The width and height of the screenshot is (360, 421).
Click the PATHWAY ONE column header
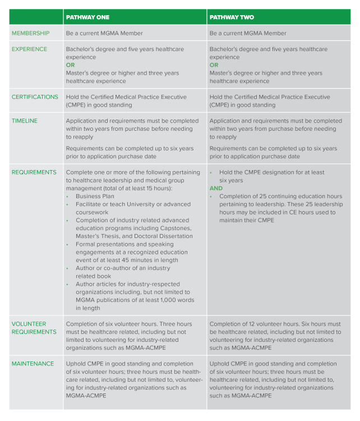click(x=87, y=17)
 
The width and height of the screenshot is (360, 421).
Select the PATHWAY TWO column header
click(x=232, y=17)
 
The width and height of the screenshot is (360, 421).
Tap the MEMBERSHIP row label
click(x=31, y=34)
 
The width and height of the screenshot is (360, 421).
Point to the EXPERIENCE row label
click(x=30, y=49)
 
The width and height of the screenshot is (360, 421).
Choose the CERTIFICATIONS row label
click(x=35, y=97)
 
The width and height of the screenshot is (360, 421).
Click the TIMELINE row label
click(x=24, y=121)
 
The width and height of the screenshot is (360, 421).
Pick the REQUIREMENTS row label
click(x=34, y=172)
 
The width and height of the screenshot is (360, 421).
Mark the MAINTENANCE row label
click(x=33, y=364)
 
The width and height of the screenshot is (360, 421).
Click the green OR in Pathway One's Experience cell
click(x=71, y=65)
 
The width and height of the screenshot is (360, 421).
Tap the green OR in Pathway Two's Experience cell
click(x=214, y=65)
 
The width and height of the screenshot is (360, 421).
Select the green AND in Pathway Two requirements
click(x=216, y=189)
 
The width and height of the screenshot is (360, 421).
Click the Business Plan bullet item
click(x=95, y=196)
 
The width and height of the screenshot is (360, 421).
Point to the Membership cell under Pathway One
click(x=104, y=34)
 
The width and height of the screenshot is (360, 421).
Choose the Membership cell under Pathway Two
click(x=248, y=34)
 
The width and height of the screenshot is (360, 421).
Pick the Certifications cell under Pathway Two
click(x=270, y=101)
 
